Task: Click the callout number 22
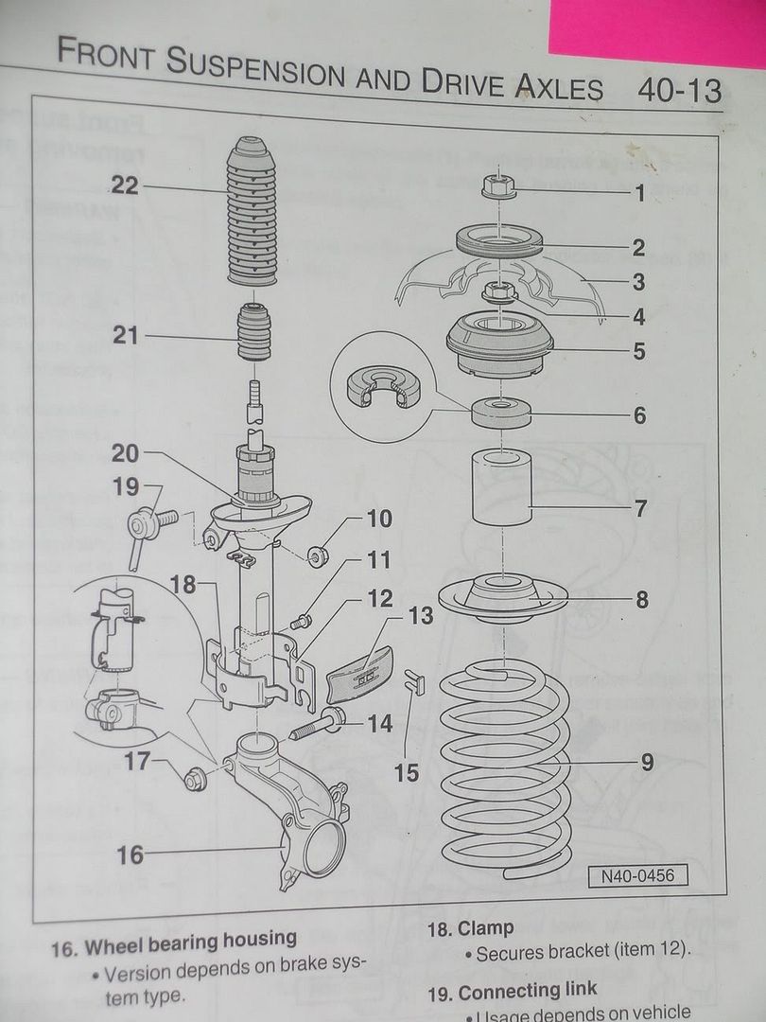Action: [x=124, y=185]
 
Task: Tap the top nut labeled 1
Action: [x=497, y=186]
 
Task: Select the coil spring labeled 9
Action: [x=506, y=766]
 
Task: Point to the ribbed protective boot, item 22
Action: [x=252, y=212]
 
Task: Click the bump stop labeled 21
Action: [x=253, y=332]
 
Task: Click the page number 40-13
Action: [x=679, y=91]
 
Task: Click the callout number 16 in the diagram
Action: [x=130, y=855]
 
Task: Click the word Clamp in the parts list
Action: [x=486, y=928]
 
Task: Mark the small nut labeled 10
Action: [x=319, y=555]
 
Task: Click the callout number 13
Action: [x=420, y=616]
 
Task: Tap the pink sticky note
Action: [x=656, y=28]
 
